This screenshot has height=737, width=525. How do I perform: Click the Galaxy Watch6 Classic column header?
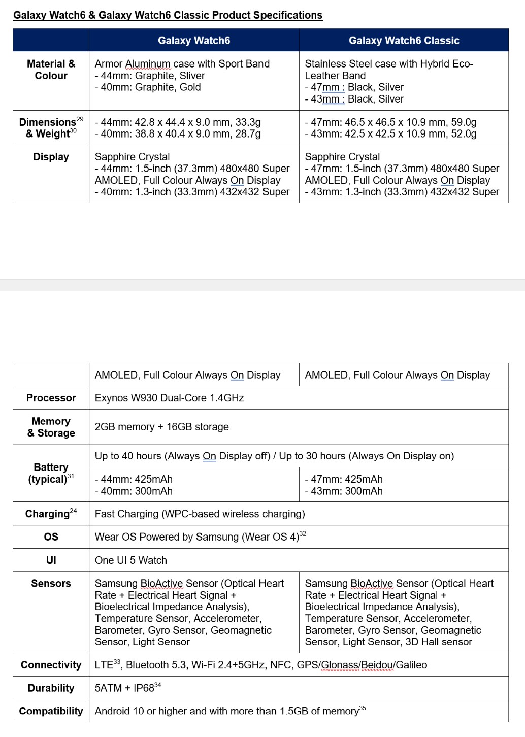coord(404,41)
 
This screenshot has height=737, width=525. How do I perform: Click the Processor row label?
coord(51,398)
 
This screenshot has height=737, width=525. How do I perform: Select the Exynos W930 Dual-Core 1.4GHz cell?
coord(169,398)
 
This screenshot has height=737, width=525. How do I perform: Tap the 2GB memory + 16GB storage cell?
coord(161,427)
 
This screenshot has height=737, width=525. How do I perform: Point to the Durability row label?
coord(51,688)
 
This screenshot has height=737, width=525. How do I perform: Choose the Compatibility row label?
coord(51,711)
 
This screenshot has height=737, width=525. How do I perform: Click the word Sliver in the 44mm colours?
coord(192,76)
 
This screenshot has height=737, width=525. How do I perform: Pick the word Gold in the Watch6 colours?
coord(190,87)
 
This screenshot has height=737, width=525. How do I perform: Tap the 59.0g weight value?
coord(464,122)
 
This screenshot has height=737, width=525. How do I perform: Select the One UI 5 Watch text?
coord(130,560)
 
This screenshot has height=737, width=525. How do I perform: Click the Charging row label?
coord(47,514)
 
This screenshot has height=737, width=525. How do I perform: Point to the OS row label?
coord(51,537)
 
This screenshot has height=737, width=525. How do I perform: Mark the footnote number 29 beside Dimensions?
coord(80,119)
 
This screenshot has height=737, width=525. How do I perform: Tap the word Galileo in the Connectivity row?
coord(411,665)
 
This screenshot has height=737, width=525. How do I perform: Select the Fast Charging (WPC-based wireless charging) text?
coord(200,514)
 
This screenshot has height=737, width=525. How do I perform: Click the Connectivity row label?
coord(51,665)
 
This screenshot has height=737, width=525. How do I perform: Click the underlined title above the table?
coord(168,15)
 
